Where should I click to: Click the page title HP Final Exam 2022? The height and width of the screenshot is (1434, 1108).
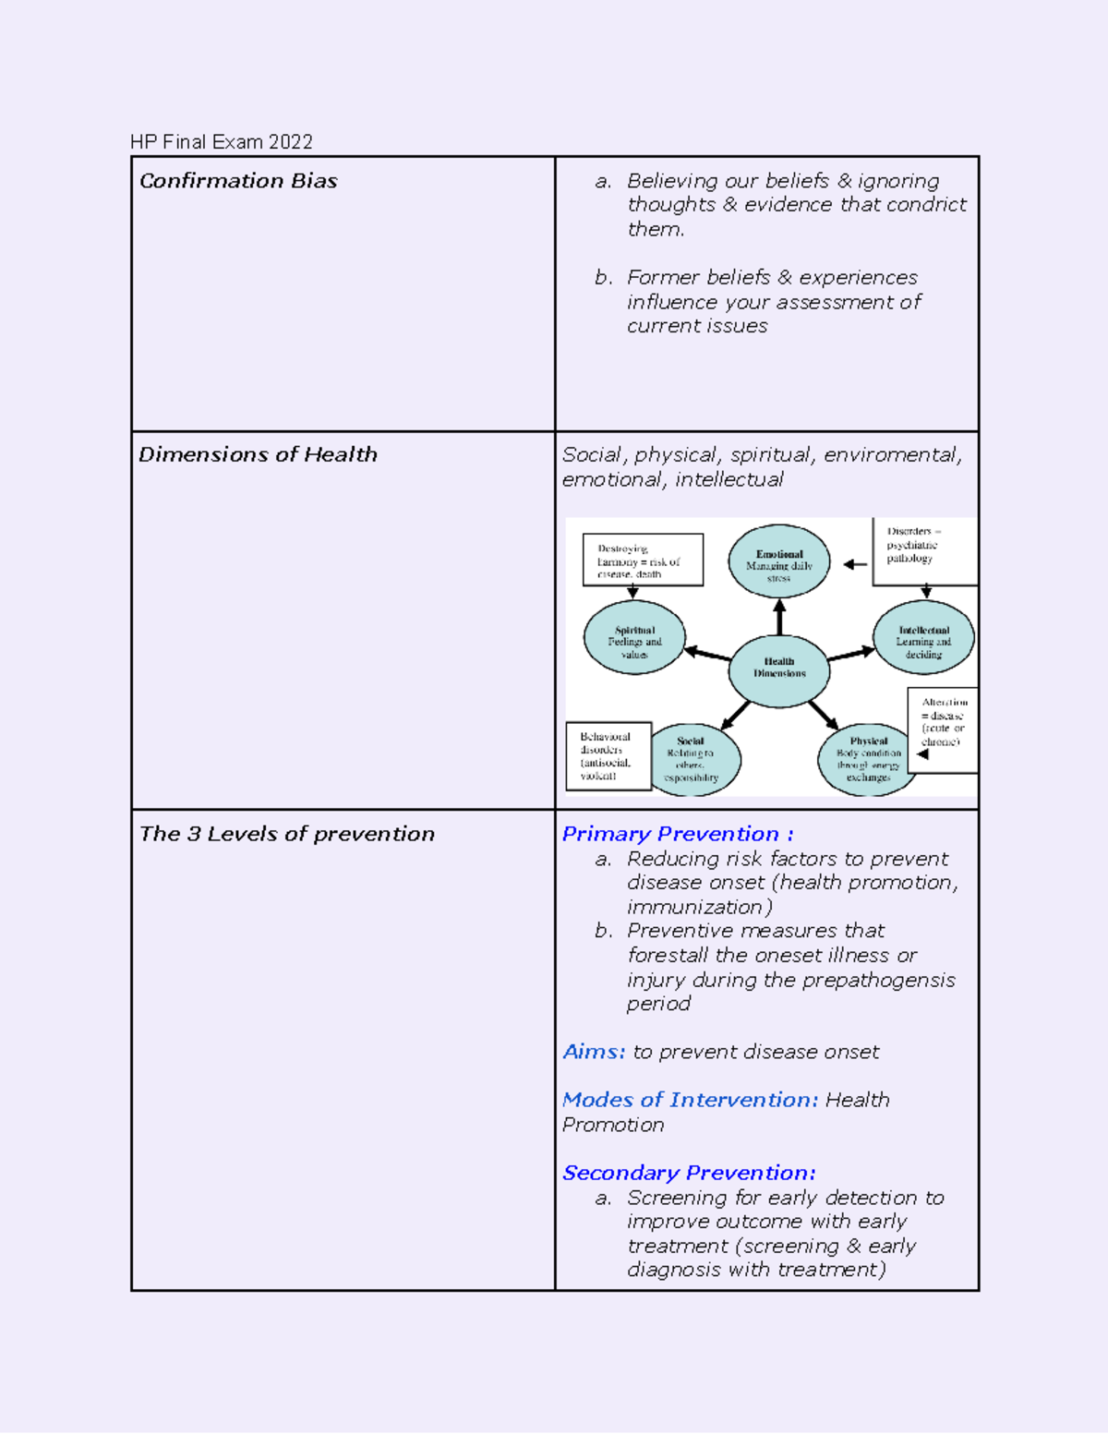click(x=222, y=142)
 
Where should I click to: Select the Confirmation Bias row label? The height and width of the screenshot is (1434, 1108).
click(x=238, y=181)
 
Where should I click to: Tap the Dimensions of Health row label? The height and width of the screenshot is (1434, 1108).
click(x=259, y=454)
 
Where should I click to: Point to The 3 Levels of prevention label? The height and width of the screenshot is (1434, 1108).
click(x=287, y=834)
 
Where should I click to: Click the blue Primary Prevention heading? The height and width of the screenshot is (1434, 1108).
click(x=678, y=834)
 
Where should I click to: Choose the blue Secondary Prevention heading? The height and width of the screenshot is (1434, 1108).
click(x=689, y=1173)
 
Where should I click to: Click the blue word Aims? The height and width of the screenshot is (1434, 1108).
click(x=594, y=1052)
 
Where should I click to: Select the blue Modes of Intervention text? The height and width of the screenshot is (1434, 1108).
click(x=690, y=1100)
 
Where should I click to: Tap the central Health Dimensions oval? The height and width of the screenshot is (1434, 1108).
click(x=779, y=669)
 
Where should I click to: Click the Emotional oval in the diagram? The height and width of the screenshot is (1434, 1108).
click(x=779, y=561)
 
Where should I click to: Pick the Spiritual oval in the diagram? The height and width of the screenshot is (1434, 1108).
click(x=634, y=638)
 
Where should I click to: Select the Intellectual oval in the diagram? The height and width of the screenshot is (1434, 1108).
click(x=923, y=637)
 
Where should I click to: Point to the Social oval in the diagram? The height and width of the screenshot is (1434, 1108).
click(x=693, y=759)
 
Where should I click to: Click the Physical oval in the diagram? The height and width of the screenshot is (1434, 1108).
click(x=867, y=759)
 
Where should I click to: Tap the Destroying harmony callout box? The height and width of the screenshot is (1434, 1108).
click(x=643, y=560)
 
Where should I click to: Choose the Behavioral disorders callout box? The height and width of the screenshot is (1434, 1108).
click(x=608, y=756)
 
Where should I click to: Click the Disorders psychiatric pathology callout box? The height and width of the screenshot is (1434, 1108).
click(x=923, y=550)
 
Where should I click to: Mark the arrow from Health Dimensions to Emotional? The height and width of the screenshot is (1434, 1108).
click(x=779, y=617)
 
